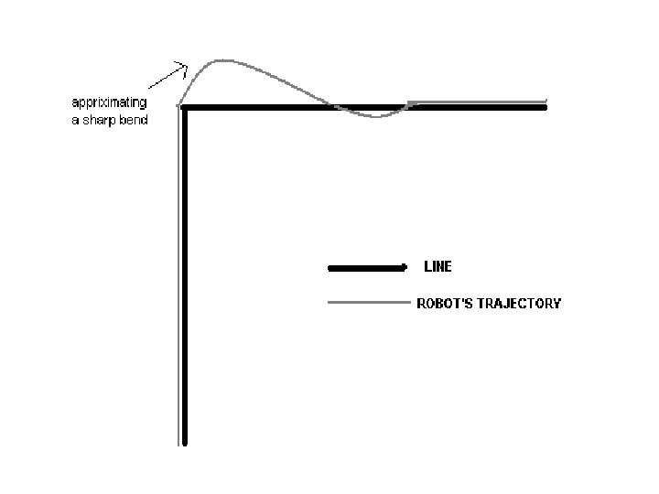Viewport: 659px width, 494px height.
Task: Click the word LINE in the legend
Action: pos(438,267)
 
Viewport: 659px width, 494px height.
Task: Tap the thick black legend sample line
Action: pos(366,268)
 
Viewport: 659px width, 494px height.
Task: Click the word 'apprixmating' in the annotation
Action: pos(109,102)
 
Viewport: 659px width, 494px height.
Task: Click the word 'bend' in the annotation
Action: pos(133,120)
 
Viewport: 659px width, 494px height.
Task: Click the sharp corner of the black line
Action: pos(185,108)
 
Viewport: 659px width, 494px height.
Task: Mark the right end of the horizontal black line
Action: pos(545,107)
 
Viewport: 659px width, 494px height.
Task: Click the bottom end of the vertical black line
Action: pos(185,443)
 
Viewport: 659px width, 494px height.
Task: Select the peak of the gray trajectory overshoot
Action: pos(222,60)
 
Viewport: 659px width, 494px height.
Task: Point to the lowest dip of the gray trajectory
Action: pos(373,117)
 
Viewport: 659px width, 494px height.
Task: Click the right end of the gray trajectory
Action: pos(546,101)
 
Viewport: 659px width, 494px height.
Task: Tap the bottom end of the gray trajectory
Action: pos(178,445)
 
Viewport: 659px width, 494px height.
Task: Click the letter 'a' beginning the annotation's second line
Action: pos(74,120)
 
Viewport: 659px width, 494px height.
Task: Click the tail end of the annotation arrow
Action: pos(150,89)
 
